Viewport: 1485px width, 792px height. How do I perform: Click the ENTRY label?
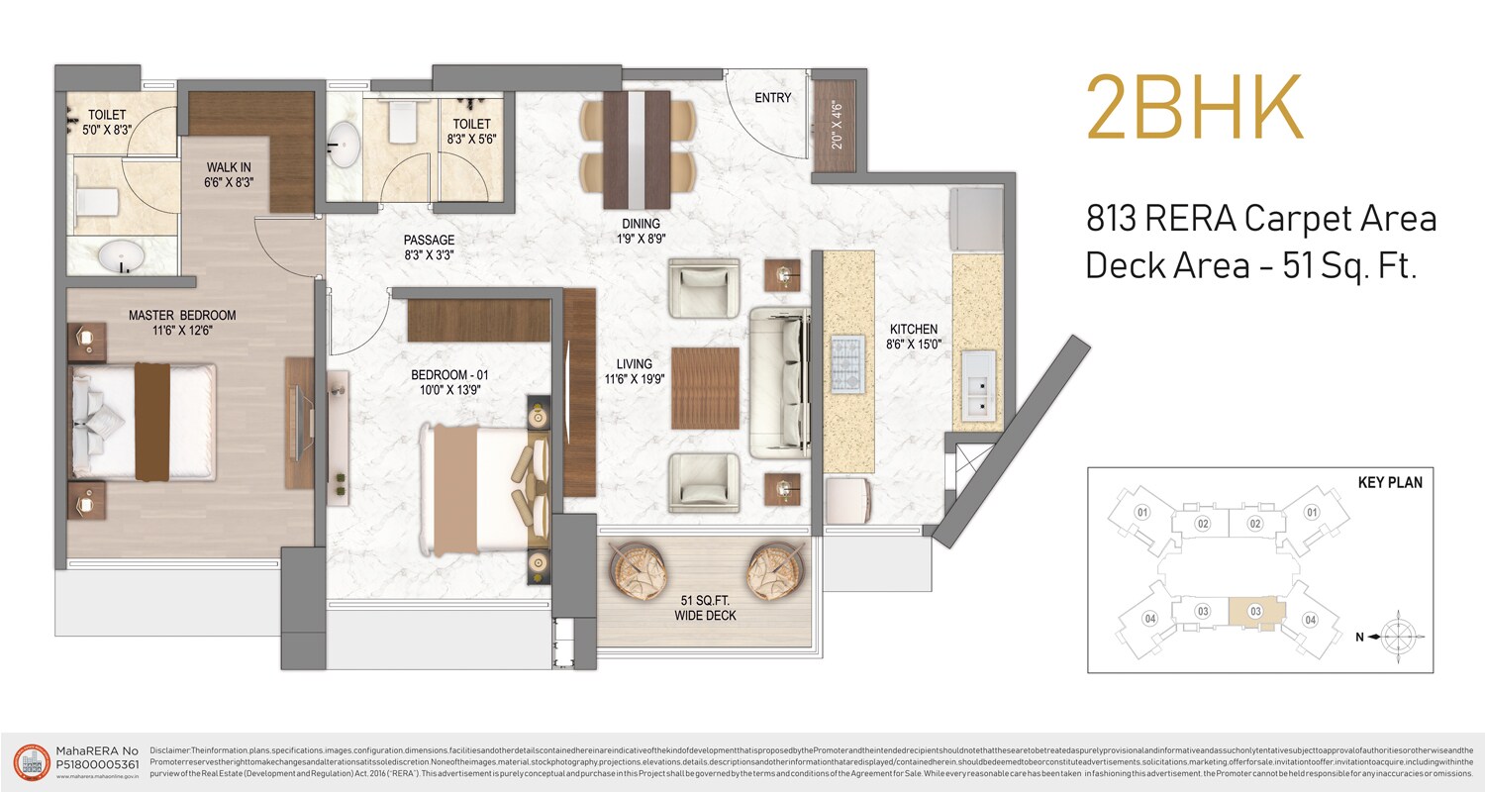(x=772, y=98)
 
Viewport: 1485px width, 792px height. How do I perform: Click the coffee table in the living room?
(x=705, y=388)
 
